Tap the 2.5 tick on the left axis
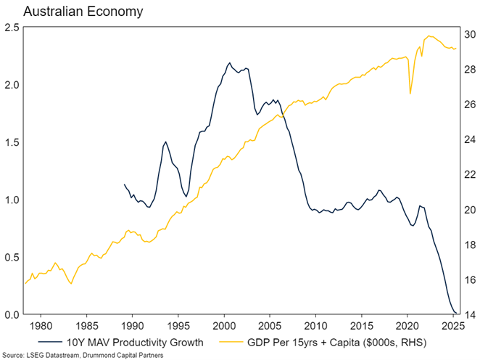click(11, 28)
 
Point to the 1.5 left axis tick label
click(11, 143)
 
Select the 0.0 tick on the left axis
click(11, 315)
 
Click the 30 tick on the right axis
click(471, 35)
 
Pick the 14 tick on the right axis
click(471, 315)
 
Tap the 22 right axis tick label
click(471, 175)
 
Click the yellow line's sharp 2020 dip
click(410, 94)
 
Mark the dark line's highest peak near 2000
click(229, 63)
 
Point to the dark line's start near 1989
click(125, 184)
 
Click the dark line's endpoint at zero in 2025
click(456, 314)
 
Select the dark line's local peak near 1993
click(165, 142)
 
